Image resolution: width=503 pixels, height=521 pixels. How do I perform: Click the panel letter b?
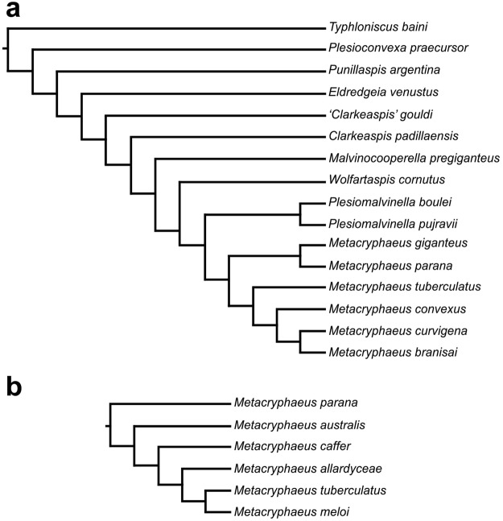point(14,387)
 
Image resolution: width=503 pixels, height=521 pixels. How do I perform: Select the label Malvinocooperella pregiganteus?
point(402,157)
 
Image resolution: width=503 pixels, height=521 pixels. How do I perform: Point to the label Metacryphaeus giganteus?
point(386,243)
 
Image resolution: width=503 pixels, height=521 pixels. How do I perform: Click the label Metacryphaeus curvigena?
point(386,330)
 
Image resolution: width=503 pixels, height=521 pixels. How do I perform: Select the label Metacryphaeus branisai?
point(383,352)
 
